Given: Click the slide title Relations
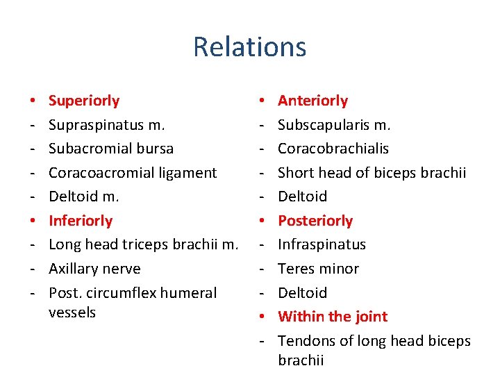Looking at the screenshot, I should click(249, 47).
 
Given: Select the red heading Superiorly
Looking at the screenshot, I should click(84, 101).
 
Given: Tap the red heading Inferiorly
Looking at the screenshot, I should click(81, 221).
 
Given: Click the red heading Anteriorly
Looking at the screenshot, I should click(312, 101).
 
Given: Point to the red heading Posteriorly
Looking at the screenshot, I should click(315, 221).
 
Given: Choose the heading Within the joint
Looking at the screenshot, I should click(333, 317).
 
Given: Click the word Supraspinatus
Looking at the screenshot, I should click(97, 125).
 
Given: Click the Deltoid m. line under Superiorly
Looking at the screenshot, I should click(83, 197).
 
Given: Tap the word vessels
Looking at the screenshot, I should click(72, 312).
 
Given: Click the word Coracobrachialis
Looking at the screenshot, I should click(333, 149).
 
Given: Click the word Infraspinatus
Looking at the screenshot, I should click(322, 244).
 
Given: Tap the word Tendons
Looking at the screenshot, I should click(305, 341).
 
